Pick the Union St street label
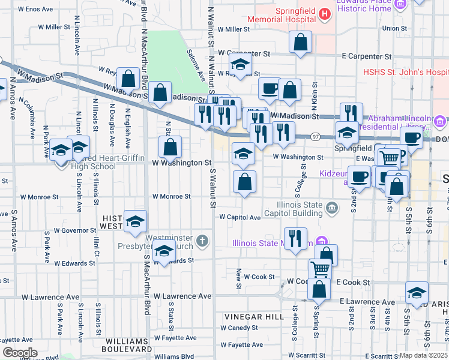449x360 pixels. coord(394,28)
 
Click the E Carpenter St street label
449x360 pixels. coord(366,56)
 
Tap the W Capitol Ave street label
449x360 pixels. coord(240,217)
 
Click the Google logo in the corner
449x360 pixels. coord(20,353)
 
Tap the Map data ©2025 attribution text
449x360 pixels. coord(424,355)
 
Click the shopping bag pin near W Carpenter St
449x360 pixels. coord(301,42)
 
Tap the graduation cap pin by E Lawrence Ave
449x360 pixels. coord(417,292)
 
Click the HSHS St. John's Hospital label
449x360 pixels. coord(406,72)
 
